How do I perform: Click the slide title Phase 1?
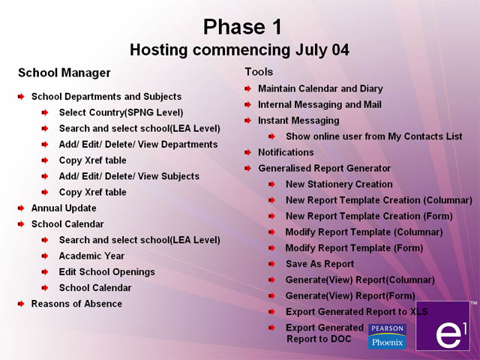pyautogui.click(x=242, y=27)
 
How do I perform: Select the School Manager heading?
pyautogui.click(x=64, y=73)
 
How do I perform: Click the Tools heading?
pyautogui.click(x=259, y=72)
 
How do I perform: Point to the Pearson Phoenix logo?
pyautogui.click(x=387, y=337)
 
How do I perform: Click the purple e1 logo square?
pyautogui.click(x=442, y=325)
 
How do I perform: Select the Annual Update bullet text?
pyautogui.click(x=64, y=208)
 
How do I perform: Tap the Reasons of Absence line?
pyautogui.click(x=76, y=304)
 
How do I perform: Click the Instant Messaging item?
pyautogui.click(x=298, y=121)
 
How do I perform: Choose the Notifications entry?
pyautogui.click(x=286, y=152)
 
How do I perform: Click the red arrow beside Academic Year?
pyautogui.click(x=45, y=256)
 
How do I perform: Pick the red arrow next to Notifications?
pyautogui.click(x=247, y=152)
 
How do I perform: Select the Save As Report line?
pyautogui.click(x=320, y=264)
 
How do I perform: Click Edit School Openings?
pyautogui.click(x=106, y=271)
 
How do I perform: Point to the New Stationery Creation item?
pyautogui.click(x=339, y=184)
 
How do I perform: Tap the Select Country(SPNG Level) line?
pyautogui.click(x=121, y=112)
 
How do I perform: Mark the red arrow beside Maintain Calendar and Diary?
pyautogui.click(x=247, y=88)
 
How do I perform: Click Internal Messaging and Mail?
pyautogui.click(x=319, y=105)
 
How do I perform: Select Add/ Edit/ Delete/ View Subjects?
pyautogui.click(x=129, y=176)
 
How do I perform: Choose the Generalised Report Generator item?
pyautogui.click(x=324, y=168)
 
